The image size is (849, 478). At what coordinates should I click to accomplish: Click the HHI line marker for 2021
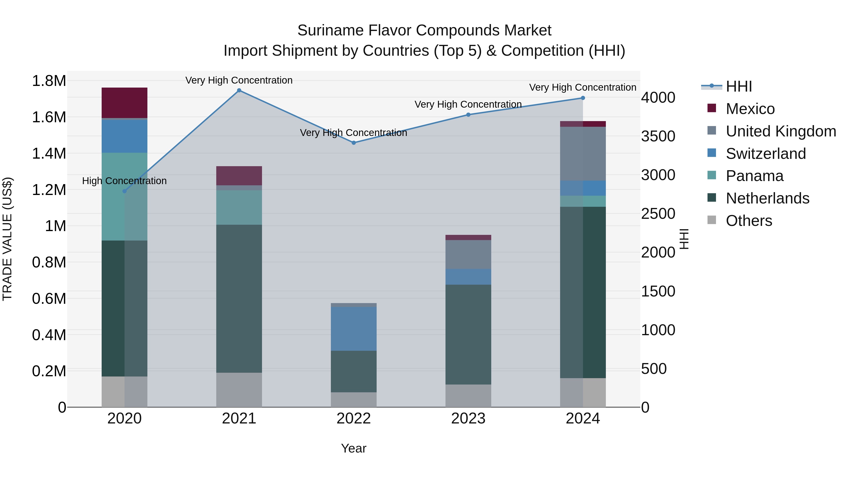pyautogui.click(x=239, y=90)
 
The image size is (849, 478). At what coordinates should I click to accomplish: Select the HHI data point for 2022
pyautogui.click(x=354, y=143)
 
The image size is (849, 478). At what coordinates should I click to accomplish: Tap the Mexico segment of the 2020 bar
pyautogui.click(x=124, y=103)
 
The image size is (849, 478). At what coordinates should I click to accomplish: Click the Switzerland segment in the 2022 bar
pyautogui.click(x=354, y=329)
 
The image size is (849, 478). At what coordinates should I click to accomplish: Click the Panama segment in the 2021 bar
pyautogui.click(x=239, y=207)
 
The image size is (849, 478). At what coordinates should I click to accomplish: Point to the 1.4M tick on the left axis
pyautogui.click(x=49, y=153)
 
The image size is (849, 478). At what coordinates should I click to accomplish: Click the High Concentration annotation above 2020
pyautogui.click(x=124, y=181)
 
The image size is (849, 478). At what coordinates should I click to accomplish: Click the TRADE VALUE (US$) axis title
pyautogui.click(x=7, y=239)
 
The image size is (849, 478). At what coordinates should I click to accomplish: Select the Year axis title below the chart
pyautogui.click(x=354, y=448)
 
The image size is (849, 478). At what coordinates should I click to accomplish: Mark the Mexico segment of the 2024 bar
pyautogui.click(x=583, y=124)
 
